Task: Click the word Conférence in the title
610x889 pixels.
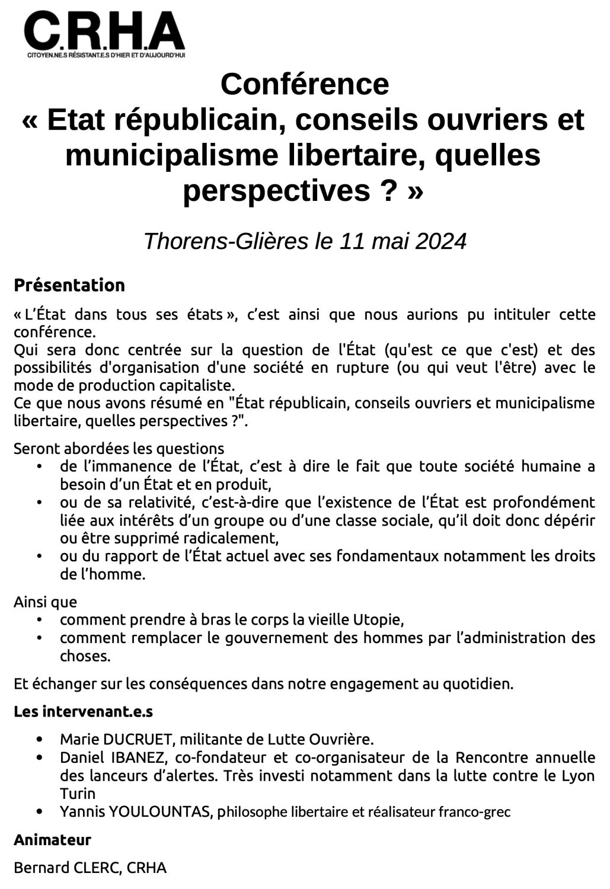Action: (x=305, y=84)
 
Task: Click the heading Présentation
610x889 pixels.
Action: (x=69, y=285)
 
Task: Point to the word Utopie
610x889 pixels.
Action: (x=378, y=620)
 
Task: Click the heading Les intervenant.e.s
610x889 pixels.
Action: (x=84, y=711)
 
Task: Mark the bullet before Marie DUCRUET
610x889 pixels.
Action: (x=40, y=740)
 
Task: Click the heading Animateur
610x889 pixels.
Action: (x=52, y=840)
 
